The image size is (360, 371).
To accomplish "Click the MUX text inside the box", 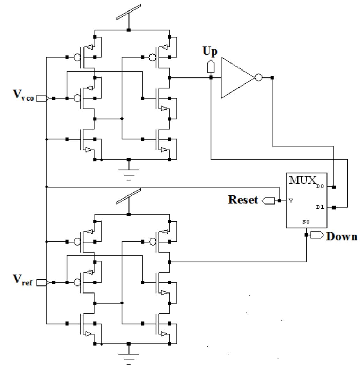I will click(x=300, y=180).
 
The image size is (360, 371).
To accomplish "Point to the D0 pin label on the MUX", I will click(x=321, y=187).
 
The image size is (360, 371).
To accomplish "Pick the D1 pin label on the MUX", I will click(x=321, y=207).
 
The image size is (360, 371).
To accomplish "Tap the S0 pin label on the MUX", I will click(x=306, y=222).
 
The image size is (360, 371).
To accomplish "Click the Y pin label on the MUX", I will click(x=290, y=201).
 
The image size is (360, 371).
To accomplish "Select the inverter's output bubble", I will click(x=258, y=77).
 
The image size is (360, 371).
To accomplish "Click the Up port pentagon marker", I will click(x=211, y=66).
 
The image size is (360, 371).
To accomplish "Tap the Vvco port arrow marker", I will click(x=42, y=98).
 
